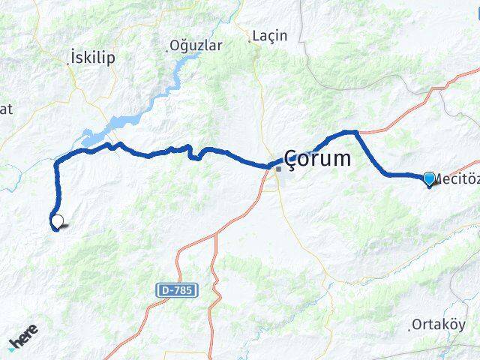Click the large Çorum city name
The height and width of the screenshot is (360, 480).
317,158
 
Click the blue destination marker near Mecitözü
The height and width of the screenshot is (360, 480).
429,178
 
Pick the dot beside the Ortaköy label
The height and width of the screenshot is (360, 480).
411,328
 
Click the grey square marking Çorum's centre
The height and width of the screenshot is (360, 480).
278,169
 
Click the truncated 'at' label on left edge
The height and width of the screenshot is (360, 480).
7,109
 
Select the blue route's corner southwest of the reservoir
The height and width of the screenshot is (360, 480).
57,160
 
